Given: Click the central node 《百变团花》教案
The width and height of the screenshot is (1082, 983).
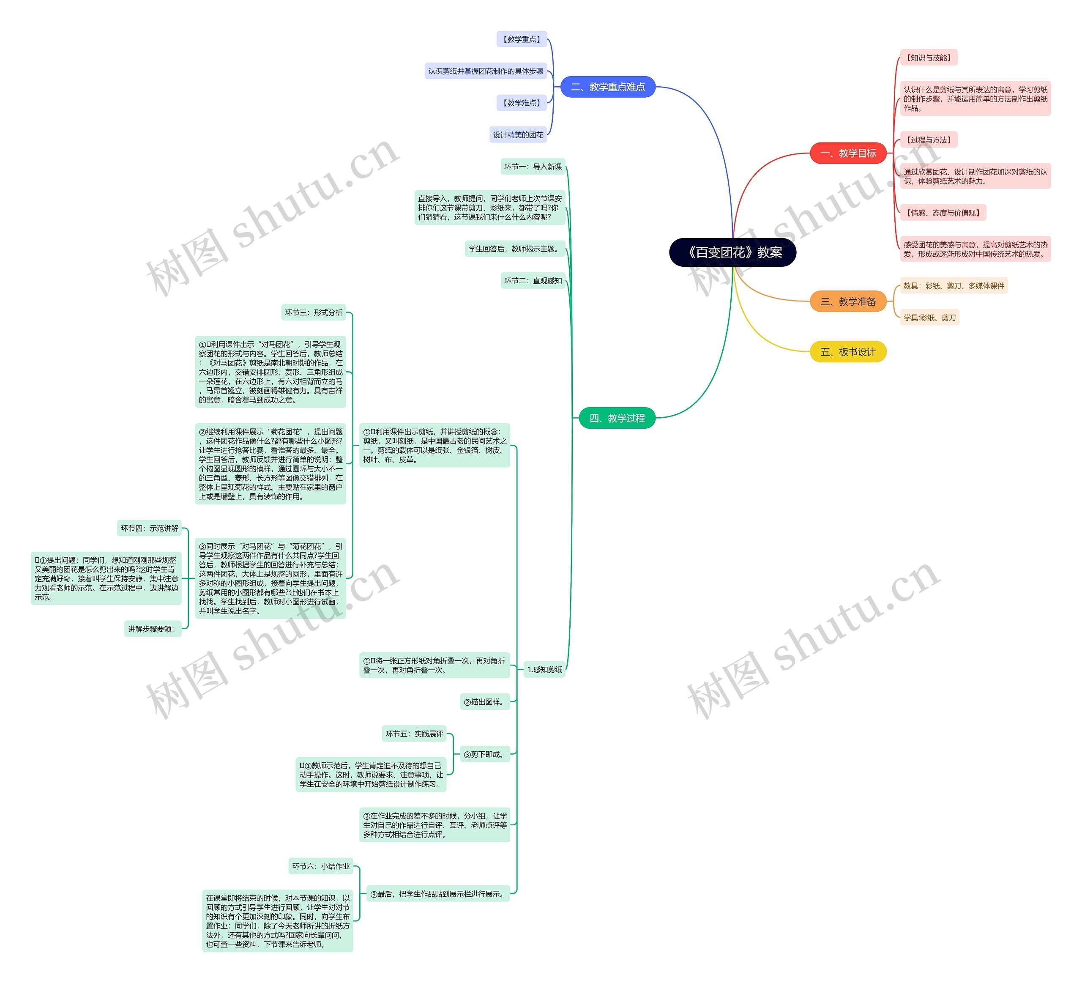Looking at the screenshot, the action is click(732, 252).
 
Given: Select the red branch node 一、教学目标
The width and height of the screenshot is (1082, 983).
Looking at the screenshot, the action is click(848, 153).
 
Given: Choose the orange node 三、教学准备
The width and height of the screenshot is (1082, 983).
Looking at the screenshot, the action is click(848, 302).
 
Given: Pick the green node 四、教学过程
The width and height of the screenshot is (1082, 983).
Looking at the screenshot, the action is click(617, 418).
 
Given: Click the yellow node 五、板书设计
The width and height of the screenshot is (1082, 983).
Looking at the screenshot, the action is click(848, 352).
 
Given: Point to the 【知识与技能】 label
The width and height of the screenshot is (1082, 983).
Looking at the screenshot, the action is click(929, 58).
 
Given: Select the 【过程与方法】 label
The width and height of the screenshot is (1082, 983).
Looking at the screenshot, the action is click(929, 140).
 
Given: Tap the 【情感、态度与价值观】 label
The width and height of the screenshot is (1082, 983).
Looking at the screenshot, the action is click(943, 213).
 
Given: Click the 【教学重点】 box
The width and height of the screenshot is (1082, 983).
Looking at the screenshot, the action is click(522, 39).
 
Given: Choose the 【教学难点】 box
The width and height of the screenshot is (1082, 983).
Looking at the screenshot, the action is click(522, 103).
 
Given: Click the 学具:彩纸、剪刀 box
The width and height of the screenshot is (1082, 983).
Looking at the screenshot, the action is click(929, 318).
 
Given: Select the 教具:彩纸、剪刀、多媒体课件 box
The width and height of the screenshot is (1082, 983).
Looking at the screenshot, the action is click(954, 286).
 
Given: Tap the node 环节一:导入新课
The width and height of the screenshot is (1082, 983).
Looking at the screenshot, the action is click(533, 167).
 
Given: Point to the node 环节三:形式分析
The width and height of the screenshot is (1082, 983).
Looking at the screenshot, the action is click(314, 312).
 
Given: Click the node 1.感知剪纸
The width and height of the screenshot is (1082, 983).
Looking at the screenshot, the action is click(545, 669).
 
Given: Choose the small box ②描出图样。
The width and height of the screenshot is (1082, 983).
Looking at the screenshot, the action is click(485, 702).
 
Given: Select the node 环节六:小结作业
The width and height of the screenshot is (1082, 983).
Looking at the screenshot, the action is click(321, 866).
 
